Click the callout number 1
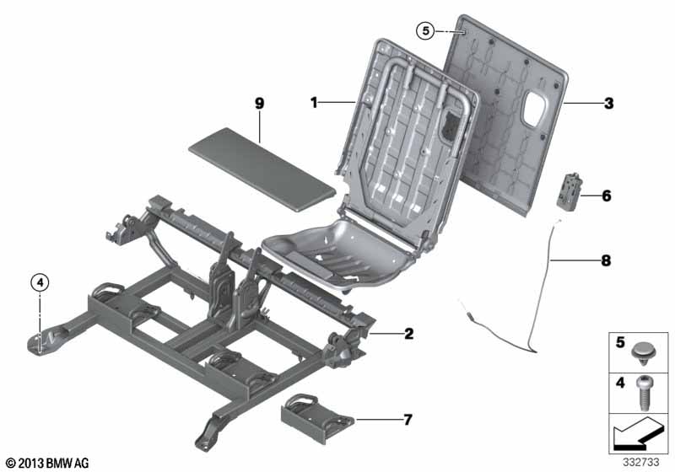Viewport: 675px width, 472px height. pos(313,103)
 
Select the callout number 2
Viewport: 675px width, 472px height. pos(408,334)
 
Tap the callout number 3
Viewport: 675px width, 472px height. pos(607,105)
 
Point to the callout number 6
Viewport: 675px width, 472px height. pos(606,196)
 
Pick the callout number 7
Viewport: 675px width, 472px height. pos(409,418)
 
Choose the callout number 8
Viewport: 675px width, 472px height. pos(604,262)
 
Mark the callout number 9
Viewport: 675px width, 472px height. pos(260,103)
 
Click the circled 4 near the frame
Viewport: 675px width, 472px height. pos(40,283)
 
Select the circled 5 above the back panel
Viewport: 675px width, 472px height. pos(426,31)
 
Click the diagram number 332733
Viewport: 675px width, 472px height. pos(643,461)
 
